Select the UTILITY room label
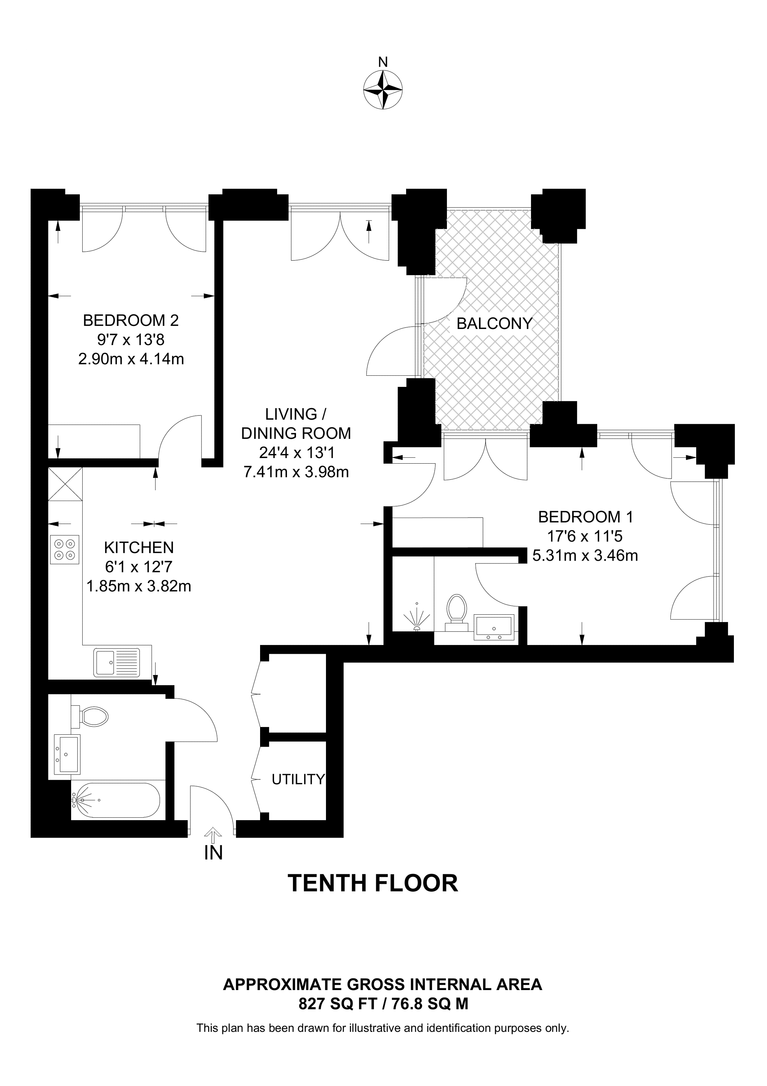(298, 779)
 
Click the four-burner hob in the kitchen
(64, 549)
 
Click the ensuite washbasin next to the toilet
(494, 628)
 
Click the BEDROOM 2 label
(131, 321)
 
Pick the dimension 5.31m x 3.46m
(585, 555)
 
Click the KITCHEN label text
(139, 547)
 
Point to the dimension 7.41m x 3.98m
(296, 472)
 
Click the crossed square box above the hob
(65, 484)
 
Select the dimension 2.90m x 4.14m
(131, 359)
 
